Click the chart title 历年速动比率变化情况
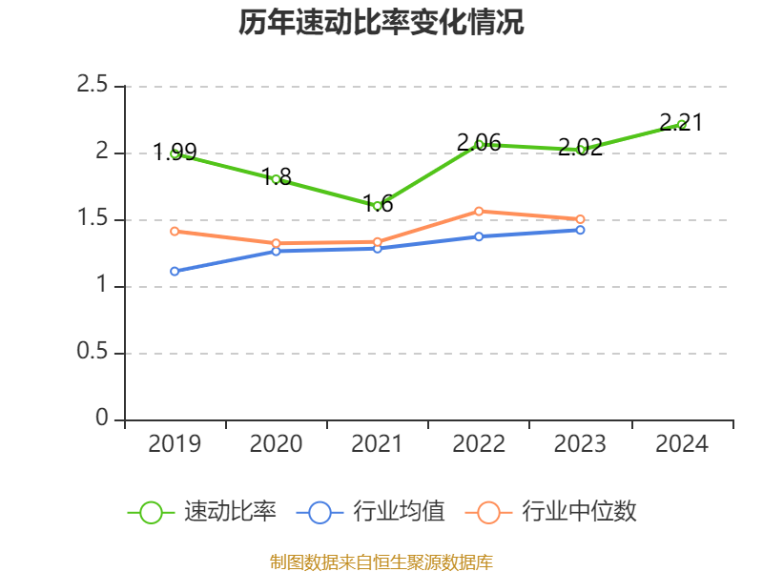click(x=381, y=23)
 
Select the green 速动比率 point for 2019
click(x=175, y=153)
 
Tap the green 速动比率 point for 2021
click(x=378, y=206)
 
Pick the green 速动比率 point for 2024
click(x=681, y=124)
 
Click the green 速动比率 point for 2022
click(x=480, y=144)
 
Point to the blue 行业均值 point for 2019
click(x=175, y=271)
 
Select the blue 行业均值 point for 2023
click(x=580, y=230)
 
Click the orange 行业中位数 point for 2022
click(x=480, y=211)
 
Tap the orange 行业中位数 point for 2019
click(x=175, y=231)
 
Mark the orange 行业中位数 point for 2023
click(x=580, y=219)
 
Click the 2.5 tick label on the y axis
click(x=93, y=86)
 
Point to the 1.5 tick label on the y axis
click(x=93, y=219)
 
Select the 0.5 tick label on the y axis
click(x=93, y=353)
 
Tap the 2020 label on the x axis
click(x=276, y=443)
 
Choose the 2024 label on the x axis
click(x=681, y=443)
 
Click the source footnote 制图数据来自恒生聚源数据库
click(x=381, y=562)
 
